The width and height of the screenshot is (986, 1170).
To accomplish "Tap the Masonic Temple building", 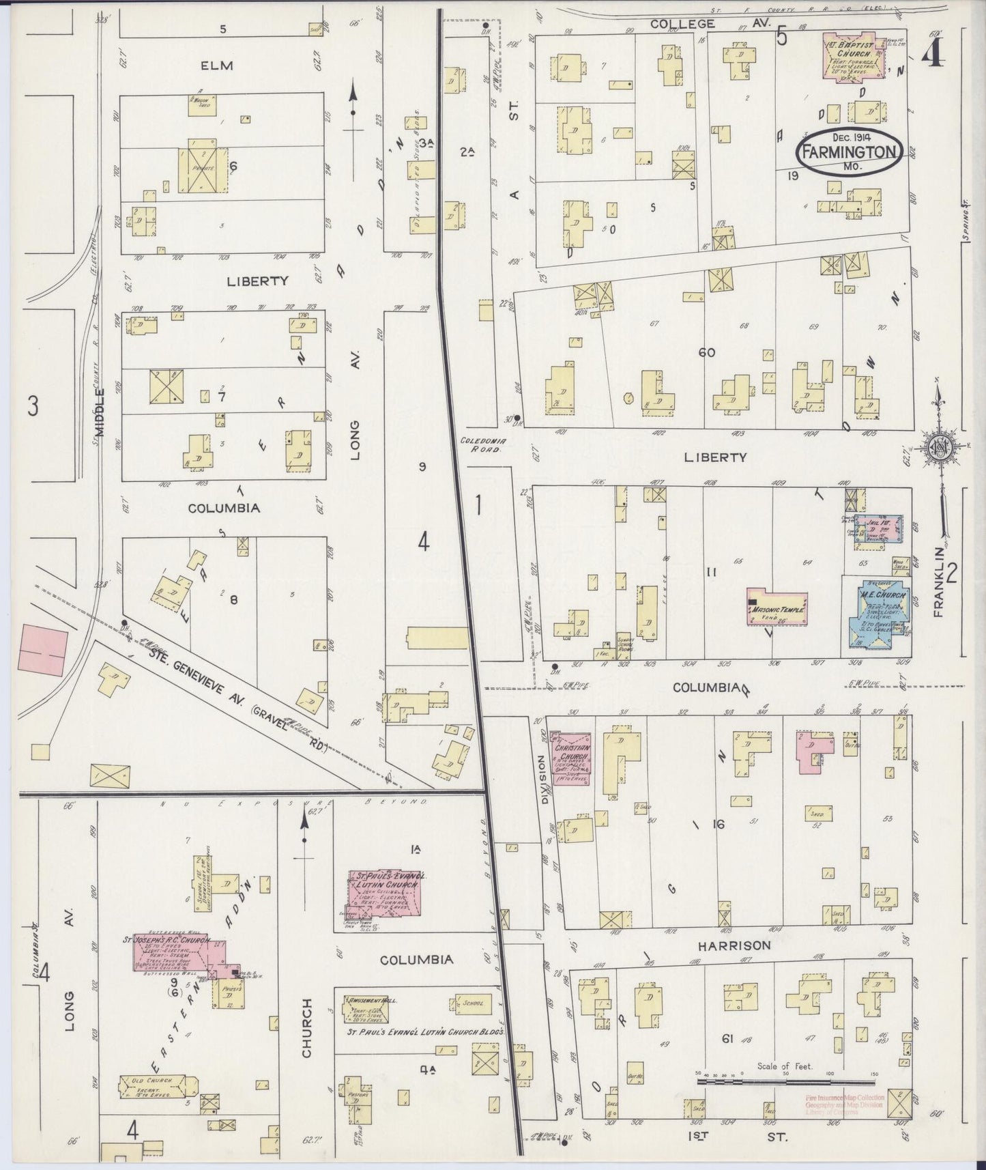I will pos(777,606).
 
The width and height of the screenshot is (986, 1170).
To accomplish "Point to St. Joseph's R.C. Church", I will pos(179,952).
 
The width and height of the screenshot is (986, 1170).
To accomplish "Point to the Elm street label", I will pos(217,66).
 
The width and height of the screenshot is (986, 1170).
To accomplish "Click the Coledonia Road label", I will pos(481,445).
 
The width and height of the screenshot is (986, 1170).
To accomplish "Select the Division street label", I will pos(543,777).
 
